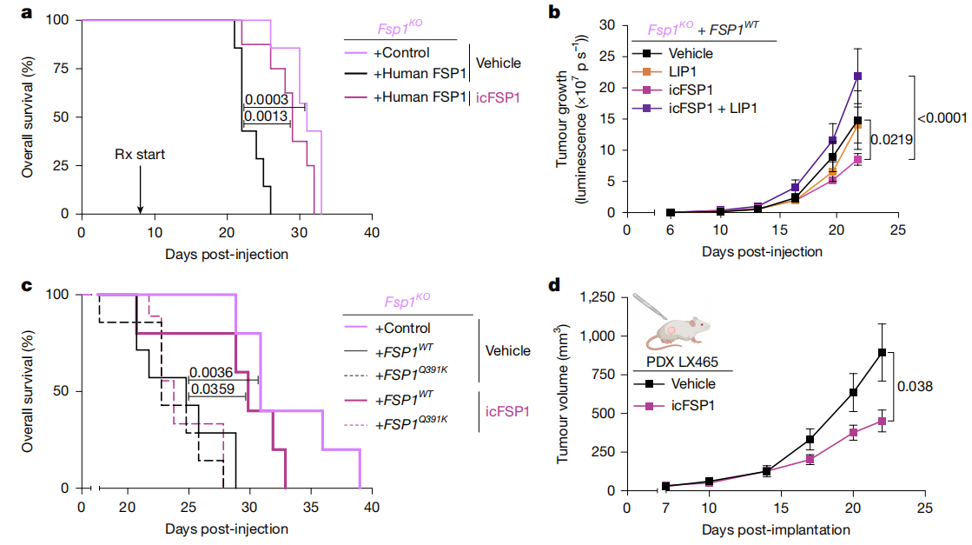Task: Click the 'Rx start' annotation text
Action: click(140, 155)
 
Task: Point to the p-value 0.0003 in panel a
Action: click(266, 99)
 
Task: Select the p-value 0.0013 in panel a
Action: click(266, 116)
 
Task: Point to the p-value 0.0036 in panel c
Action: click(209, 371)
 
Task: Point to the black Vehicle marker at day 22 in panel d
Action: click(882, 352)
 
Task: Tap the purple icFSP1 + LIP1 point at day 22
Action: click(857, 76)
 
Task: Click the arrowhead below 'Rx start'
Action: click(140, 209)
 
